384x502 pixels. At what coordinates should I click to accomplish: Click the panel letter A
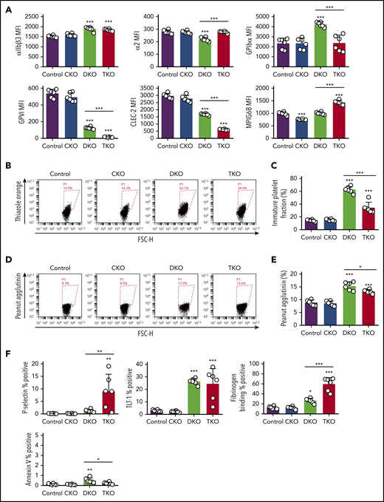6,6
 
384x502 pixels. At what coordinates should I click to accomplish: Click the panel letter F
6,353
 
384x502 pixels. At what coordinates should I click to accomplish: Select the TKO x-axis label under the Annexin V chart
91,493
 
